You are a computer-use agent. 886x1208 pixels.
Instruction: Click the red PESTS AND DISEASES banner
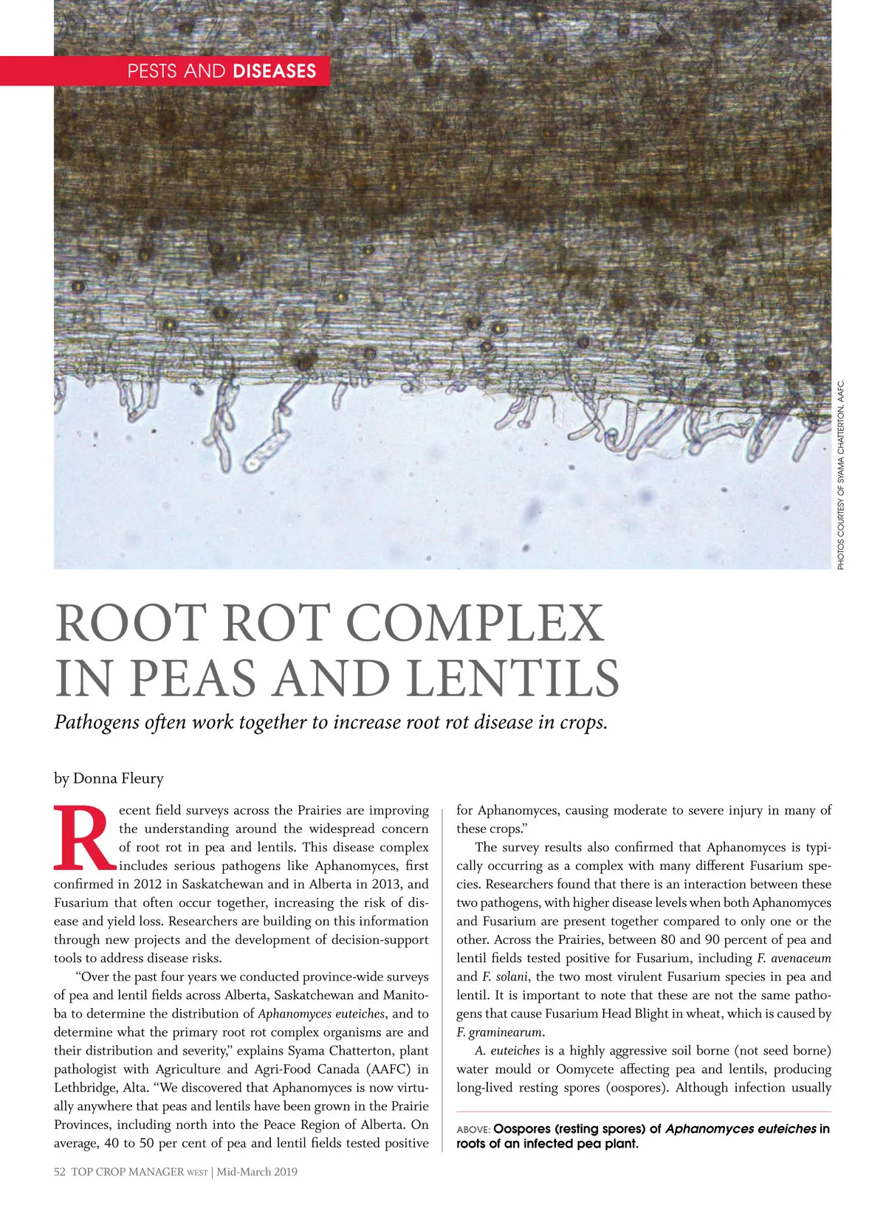click(164, 71)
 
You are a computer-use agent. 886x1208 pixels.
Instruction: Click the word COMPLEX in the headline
click(475, 624)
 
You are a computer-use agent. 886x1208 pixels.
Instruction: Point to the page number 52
click(60, 1172)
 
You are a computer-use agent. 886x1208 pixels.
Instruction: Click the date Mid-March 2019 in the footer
click(257, 1172)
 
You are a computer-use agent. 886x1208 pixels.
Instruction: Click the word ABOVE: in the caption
click(473, 1130)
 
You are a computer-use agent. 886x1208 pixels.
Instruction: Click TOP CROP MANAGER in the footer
click(127, 1172)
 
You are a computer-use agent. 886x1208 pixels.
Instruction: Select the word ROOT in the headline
click(130, 624)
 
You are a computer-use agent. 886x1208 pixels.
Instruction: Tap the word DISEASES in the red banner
click(274, 71)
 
